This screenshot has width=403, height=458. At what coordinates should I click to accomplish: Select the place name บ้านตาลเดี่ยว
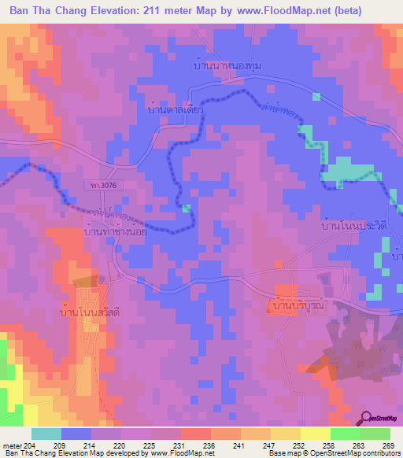point(176,110)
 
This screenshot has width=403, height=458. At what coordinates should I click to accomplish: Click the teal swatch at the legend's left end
point(46,434)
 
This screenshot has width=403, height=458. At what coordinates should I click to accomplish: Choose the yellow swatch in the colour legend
point(316,434)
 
